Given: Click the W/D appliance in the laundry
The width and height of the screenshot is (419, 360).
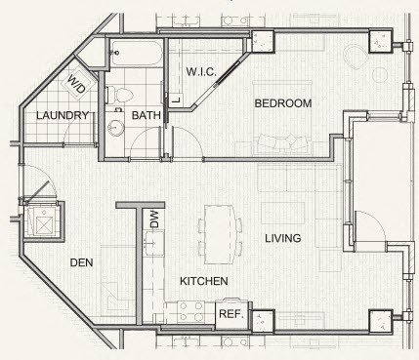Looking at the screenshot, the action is point(78,83).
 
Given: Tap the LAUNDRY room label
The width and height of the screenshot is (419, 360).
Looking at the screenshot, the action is point(63,115).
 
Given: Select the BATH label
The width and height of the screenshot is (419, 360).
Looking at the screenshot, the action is point(147,115).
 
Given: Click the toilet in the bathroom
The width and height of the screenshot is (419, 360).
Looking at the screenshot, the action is point(119,95).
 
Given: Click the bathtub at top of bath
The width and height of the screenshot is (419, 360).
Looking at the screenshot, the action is point(136,54).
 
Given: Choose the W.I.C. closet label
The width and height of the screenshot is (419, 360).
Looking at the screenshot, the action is point(201,71).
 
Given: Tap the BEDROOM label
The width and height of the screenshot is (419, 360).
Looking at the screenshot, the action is point(283,103).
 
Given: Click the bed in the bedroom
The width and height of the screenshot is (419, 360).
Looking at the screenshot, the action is point(282,117).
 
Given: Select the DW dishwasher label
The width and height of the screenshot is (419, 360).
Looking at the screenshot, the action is point(154,220).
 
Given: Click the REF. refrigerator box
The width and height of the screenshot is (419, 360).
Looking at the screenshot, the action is point(232,314).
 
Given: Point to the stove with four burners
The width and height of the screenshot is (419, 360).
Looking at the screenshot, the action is point(190,311).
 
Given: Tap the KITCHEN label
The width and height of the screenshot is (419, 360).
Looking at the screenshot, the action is point(204,281).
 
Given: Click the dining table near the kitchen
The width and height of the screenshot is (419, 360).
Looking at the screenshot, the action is point(220,234).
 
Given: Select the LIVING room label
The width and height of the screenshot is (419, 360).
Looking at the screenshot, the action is point(283,238).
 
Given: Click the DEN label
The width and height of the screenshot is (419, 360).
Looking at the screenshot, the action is point(81,262).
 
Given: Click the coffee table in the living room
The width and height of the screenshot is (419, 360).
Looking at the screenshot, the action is point(282,214).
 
